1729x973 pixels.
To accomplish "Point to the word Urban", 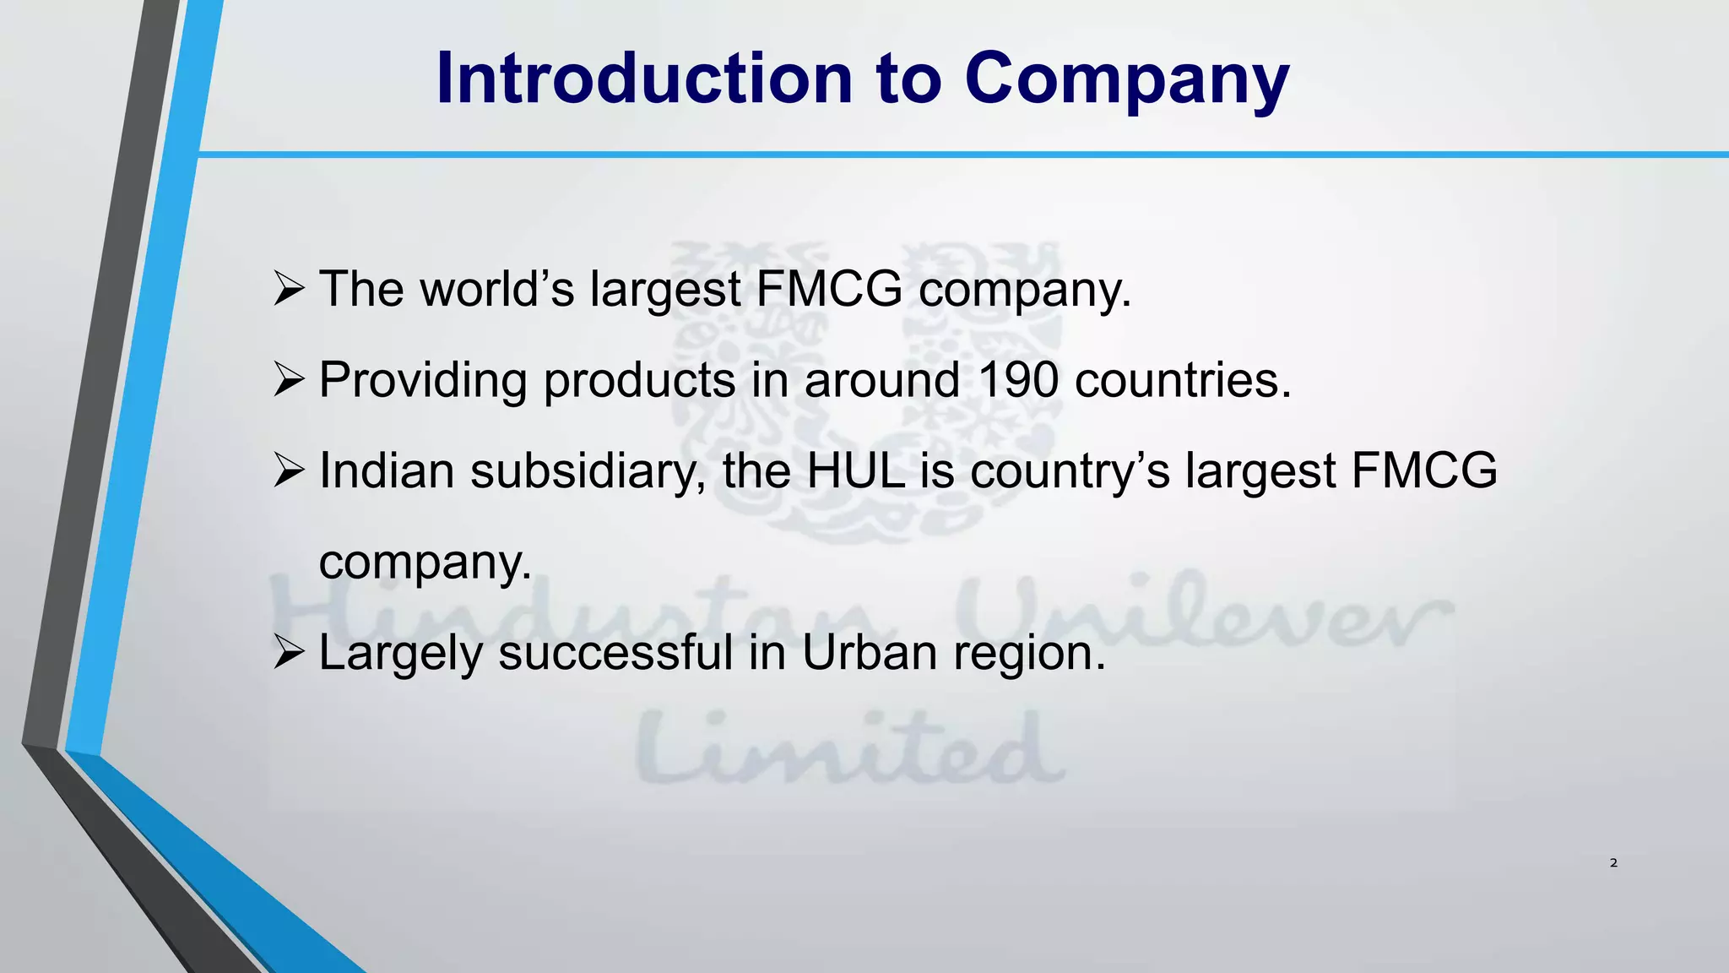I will (x=870, y=652).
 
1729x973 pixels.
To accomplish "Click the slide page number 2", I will (x=1613, y=862).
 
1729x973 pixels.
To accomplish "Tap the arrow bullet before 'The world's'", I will (x=289, y=290).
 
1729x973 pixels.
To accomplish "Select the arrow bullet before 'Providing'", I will (x=289, y=380).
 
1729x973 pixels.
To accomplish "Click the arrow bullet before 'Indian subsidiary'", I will (x=289, y=470).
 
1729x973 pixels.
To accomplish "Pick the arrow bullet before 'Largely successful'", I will (x=289, y=652).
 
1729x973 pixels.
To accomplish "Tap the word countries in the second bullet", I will (x=1182, y=380).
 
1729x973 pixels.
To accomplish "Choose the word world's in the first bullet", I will (x=496, y=289).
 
